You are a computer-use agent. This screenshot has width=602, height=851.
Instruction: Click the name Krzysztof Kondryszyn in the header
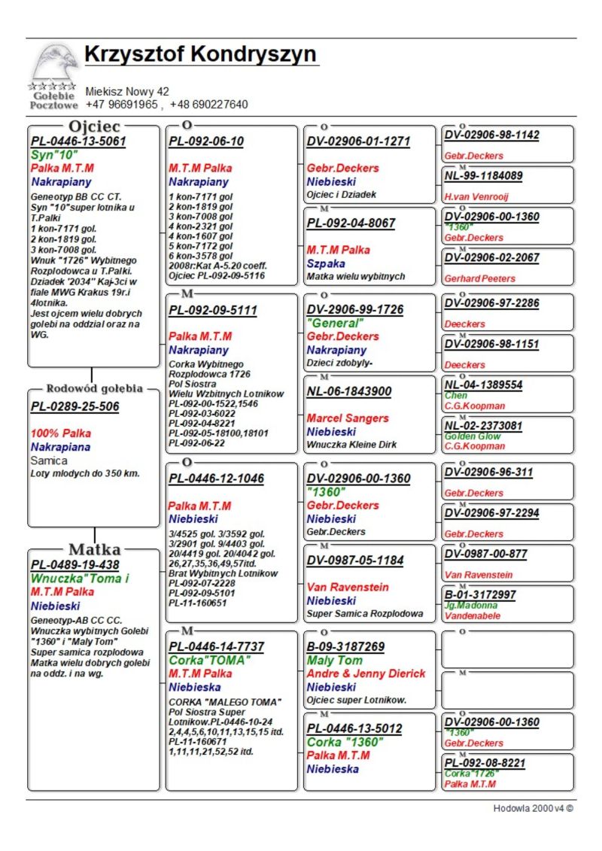(x=200, y=55)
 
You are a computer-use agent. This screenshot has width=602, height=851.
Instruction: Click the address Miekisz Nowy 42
(x=127, y=92)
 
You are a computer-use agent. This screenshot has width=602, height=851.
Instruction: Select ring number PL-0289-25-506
(x=74, y=407)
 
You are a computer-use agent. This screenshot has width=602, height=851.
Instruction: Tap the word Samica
(x=49, y=460)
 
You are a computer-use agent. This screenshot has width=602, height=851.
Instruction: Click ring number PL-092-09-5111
(x=212, y=310)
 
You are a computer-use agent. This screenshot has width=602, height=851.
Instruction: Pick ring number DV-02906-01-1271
(x=358, y=141)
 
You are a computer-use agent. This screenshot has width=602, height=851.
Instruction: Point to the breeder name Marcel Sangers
(x=348, y=418)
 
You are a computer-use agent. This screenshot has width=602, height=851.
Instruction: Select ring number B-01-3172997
(x=480, y=594)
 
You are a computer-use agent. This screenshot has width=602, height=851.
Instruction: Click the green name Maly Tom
(x=334, y=661)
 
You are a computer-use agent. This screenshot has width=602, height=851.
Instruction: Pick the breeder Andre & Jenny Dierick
(x=366, y=673)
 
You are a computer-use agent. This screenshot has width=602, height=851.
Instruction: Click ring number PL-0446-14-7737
(x=216, y=646)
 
